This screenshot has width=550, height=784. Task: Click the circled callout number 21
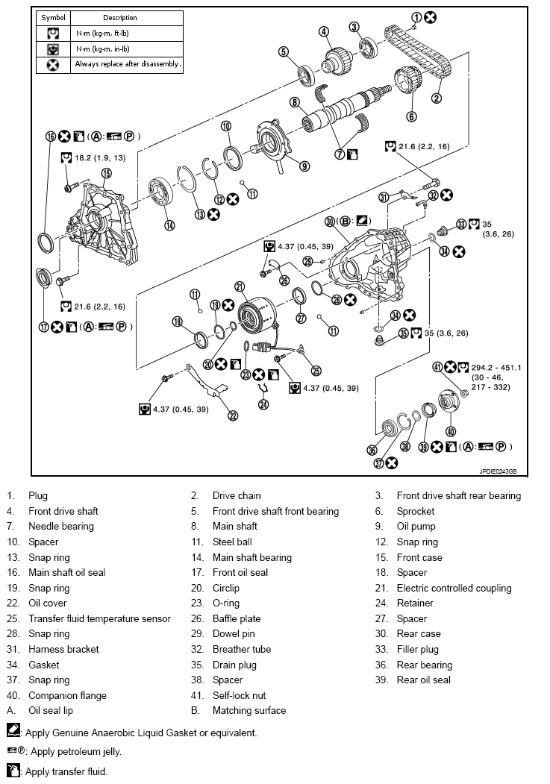[x=240, y=286]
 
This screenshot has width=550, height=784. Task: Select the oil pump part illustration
[x=273, y=139]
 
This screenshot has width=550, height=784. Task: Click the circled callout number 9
[x=304, y=166]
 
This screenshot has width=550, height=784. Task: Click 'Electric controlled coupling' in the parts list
[x=454, y=588]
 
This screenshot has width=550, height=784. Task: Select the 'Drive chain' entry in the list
[x=237, y=495]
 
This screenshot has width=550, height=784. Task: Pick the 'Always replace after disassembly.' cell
[x=128, y=64]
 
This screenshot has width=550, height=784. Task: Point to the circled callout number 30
[x=330, y=221]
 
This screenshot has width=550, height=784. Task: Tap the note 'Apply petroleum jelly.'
[x=73, y=751]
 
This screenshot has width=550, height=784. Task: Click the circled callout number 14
[x=169, y=225]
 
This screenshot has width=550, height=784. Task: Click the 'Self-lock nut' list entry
[x=239, y=695]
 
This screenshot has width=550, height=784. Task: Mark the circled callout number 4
[x=324, y=31]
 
